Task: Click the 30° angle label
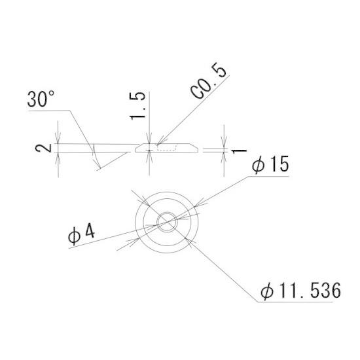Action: coord(41,99)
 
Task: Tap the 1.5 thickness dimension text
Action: coord(137,105)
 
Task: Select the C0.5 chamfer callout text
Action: coord(208,81)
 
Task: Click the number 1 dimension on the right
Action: coord(239,151)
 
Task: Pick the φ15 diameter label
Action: coord(270,164)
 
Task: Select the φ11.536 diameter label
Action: coord(301,291)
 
